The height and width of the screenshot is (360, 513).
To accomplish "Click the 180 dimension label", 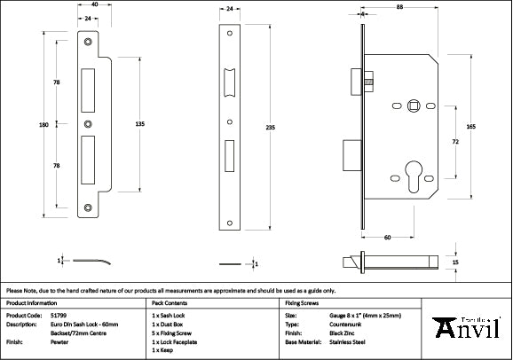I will tap(44, 126).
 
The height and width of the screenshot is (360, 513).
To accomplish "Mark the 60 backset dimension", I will tap(388, 238).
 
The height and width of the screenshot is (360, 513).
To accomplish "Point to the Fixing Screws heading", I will tap(302, 302).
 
